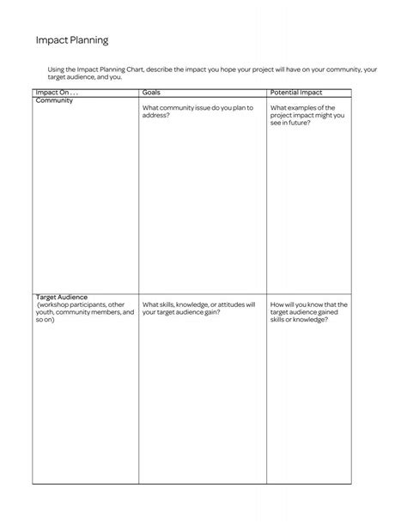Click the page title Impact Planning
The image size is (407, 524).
(71, 40)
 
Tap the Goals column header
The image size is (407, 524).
(151, 92)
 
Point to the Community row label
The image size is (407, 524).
(54, 100)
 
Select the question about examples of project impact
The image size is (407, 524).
(307, 116)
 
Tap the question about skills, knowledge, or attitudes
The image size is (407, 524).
(198, 308)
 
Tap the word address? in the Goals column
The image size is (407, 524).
(155, 115)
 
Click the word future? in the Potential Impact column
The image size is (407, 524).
(297, 123)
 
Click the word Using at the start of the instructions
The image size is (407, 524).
(58, 69)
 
